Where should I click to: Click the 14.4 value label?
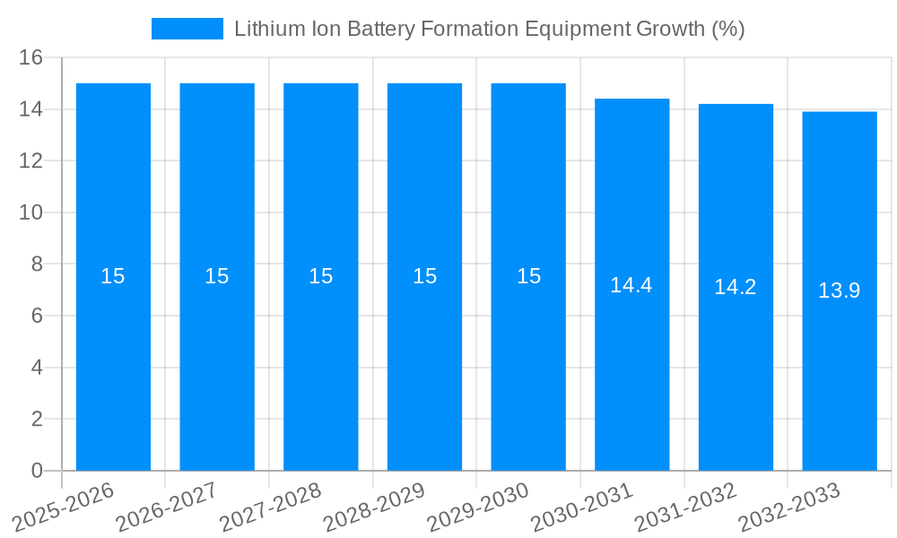[631, 285]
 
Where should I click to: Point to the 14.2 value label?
[736, 287]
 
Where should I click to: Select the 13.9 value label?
[840, 291]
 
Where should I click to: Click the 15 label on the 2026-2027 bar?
[217, 276]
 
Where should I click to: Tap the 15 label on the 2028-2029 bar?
[425, 276]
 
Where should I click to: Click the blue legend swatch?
[187, 29]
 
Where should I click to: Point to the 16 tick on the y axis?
[31, 57]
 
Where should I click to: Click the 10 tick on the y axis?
[31, 213]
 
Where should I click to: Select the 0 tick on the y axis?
[37, 471]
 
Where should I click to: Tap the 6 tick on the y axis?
[37, 316]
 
